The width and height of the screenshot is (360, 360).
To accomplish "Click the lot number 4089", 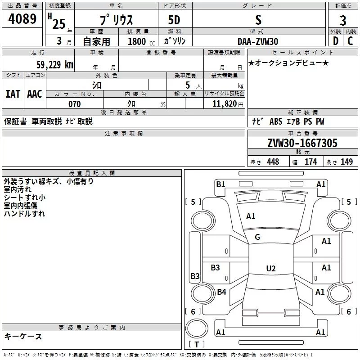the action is tap(22, 19).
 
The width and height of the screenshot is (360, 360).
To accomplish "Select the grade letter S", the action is tap(258, 20).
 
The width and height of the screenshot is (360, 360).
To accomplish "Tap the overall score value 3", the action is tap(343, 21).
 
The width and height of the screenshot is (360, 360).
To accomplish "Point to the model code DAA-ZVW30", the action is tap(258, 41).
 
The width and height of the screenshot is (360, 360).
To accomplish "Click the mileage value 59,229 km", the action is tap(54, 64).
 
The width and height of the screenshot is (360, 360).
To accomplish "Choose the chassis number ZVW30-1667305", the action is tap(302, 144).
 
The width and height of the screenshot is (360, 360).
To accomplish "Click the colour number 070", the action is tap(74, 104).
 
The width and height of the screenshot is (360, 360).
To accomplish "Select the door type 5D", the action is tap(174, 20).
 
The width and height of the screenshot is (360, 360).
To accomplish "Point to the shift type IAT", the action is tap(13, 94).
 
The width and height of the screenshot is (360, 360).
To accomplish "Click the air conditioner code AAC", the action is tap(35, 94).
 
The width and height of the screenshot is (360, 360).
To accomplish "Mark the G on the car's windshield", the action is tap(257, 237).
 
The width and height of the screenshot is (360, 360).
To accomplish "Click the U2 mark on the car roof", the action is tap(270, 269).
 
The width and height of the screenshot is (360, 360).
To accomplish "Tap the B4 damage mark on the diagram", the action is tap(221, 292).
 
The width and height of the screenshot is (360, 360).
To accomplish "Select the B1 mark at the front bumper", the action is tap(220, 184).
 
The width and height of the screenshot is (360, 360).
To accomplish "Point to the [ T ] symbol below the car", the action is tap(197, 345).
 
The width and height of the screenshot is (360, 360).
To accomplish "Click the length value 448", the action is tap(273, 162).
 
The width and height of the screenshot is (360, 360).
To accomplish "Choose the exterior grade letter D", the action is tap(335, 41).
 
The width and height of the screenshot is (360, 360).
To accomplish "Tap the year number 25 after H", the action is tap(58, 23).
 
